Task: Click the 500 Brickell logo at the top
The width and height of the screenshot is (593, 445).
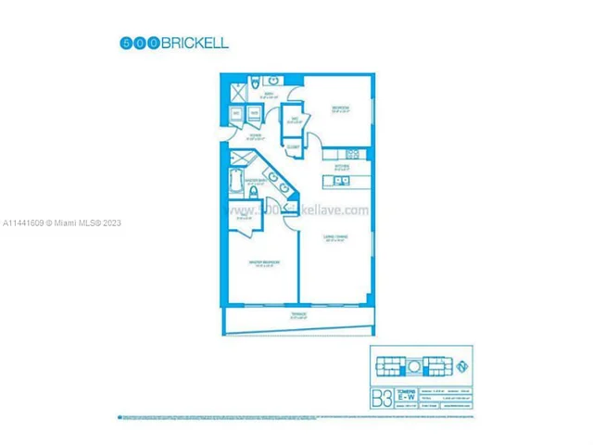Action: coord(173,42)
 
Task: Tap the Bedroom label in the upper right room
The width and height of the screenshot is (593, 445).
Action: coord(340,109)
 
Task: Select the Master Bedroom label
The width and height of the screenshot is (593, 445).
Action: coord(265,264)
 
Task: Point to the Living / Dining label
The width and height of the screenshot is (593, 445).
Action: coord(334,237)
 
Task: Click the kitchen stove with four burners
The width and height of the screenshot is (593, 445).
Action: coord(350,152)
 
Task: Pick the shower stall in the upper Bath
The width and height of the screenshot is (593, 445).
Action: coord(235,90)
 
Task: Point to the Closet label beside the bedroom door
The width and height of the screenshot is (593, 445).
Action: coord(293,146)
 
